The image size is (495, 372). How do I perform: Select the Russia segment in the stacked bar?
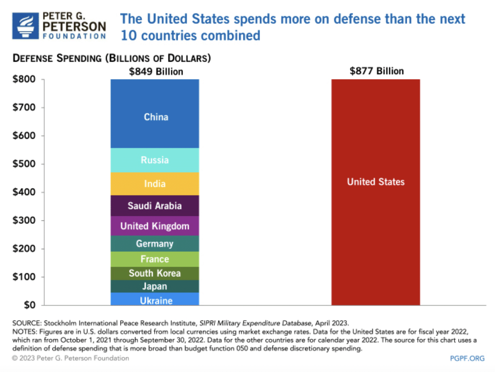(x=155, y=160)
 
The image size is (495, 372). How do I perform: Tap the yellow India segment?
(x=155, y=184)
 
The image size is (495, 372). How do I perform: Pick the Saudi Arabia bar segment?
(x=155, y=206)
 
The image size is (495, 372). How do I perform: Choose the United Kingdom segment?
(x=155, y=226)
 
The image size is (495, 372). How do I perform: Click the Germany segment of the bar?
(x=155, y=244)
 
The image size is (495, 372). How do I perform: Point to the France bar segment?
(x=155, y=259)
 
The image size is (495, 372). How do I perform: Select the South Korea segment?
(x=155, y=273)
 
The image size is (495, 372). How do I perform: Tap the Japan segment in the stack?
(x=155, y=286)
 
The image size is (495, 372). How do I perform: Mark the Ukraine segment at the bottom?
(x=155, y=300)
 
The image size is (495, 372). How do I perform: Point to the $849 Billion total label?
(x=156, y=72)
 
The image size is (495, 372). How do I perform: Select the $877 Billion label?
(x=376, y=71)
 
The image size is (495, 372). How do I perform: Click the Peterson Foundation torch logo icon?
(x=25, y=25)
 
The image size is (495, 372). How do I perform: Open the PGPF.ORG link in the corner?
(x=467, y=358)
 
